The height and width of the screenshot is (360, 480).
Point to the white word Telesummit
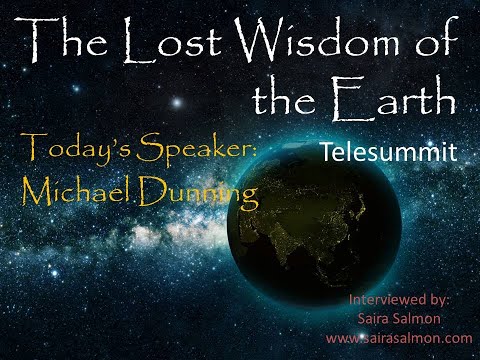pyautogui.click(x=389, y=152)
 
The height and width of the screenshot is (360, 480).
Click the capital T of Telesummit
pyautogui.click(x=330, y=152)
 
